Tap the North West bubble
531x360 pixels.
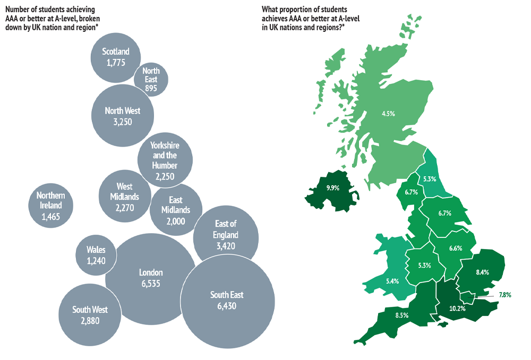coord(123,116)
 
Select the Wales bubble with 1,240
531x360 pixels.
coord(96,255)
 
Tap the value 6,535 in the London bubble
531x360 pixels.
coord(151,284)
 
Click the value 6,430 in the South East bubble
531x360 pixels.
coord(226,306)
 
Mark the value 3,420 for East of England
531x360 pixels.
coord(226,246)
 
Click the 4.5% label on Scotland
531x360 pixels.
coord(389,113)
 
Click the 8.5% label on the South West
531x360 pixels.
coord(402,315)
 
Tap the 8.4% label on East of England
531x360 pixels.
coord(482,272)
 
